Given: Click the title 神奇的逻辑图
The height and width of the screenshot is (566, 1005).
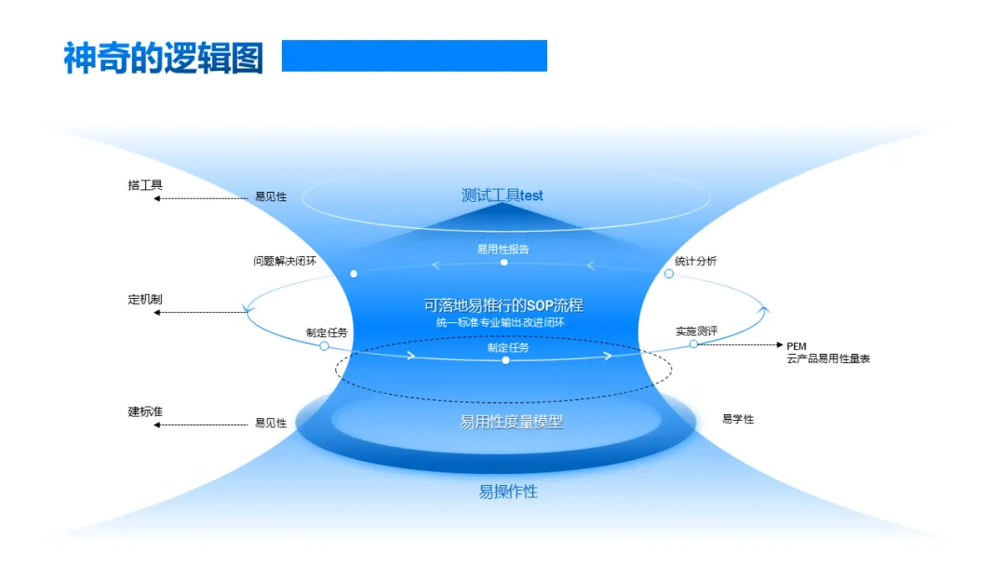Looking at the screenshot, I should point(163,58).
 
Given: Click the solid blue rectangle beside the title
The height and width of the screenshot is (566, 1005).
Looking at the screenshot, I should point(414,56).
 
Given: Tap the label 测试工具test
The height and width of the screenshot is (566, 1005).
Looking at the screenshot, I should point(502,195).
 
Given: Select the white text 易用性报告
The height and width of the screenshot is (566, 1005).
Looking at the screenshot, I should point(503,249).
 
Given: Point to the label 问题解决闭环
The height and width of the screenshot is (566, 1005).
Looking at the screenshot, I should point(285,261).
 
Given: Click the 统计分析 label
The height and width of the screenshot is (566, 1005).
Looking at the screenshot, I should point(696,261).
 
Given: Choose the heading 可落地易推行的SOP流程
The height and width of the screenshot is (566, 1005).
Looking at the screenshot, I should point(503,304).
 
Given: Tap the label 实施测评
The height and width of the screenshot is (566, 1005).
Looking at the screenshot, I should point(696,330).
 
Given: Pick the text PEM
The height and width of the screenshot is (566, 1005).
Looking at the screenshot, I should point(796,346).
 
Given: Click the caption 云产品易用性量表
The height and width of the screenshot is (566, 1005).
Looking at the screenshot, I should point(828,358).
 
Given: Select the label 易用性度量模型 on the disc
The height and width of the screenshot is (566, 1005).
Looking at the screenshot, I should point(511,422).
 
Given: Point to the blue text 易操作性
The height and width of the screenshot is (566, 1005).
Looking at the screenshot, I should point(508,492).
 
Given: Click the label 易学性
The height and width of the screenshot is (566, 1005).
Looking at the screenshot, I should point(738,419).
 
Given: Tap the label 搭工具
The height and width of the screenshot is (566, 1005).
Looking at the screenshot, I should point(145,185).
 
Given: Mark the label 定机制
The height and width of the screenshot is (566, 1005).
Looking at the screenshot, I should point(145,300).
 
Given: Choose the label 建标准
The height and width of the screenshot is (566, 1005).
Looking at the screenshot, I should point(145,411).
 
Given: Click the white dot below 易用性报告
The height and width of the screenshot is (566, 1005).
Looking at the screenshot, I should point(504,263).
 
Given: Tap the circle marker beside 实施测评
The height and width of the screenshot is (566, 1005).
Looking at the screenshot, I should point(693,344).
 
